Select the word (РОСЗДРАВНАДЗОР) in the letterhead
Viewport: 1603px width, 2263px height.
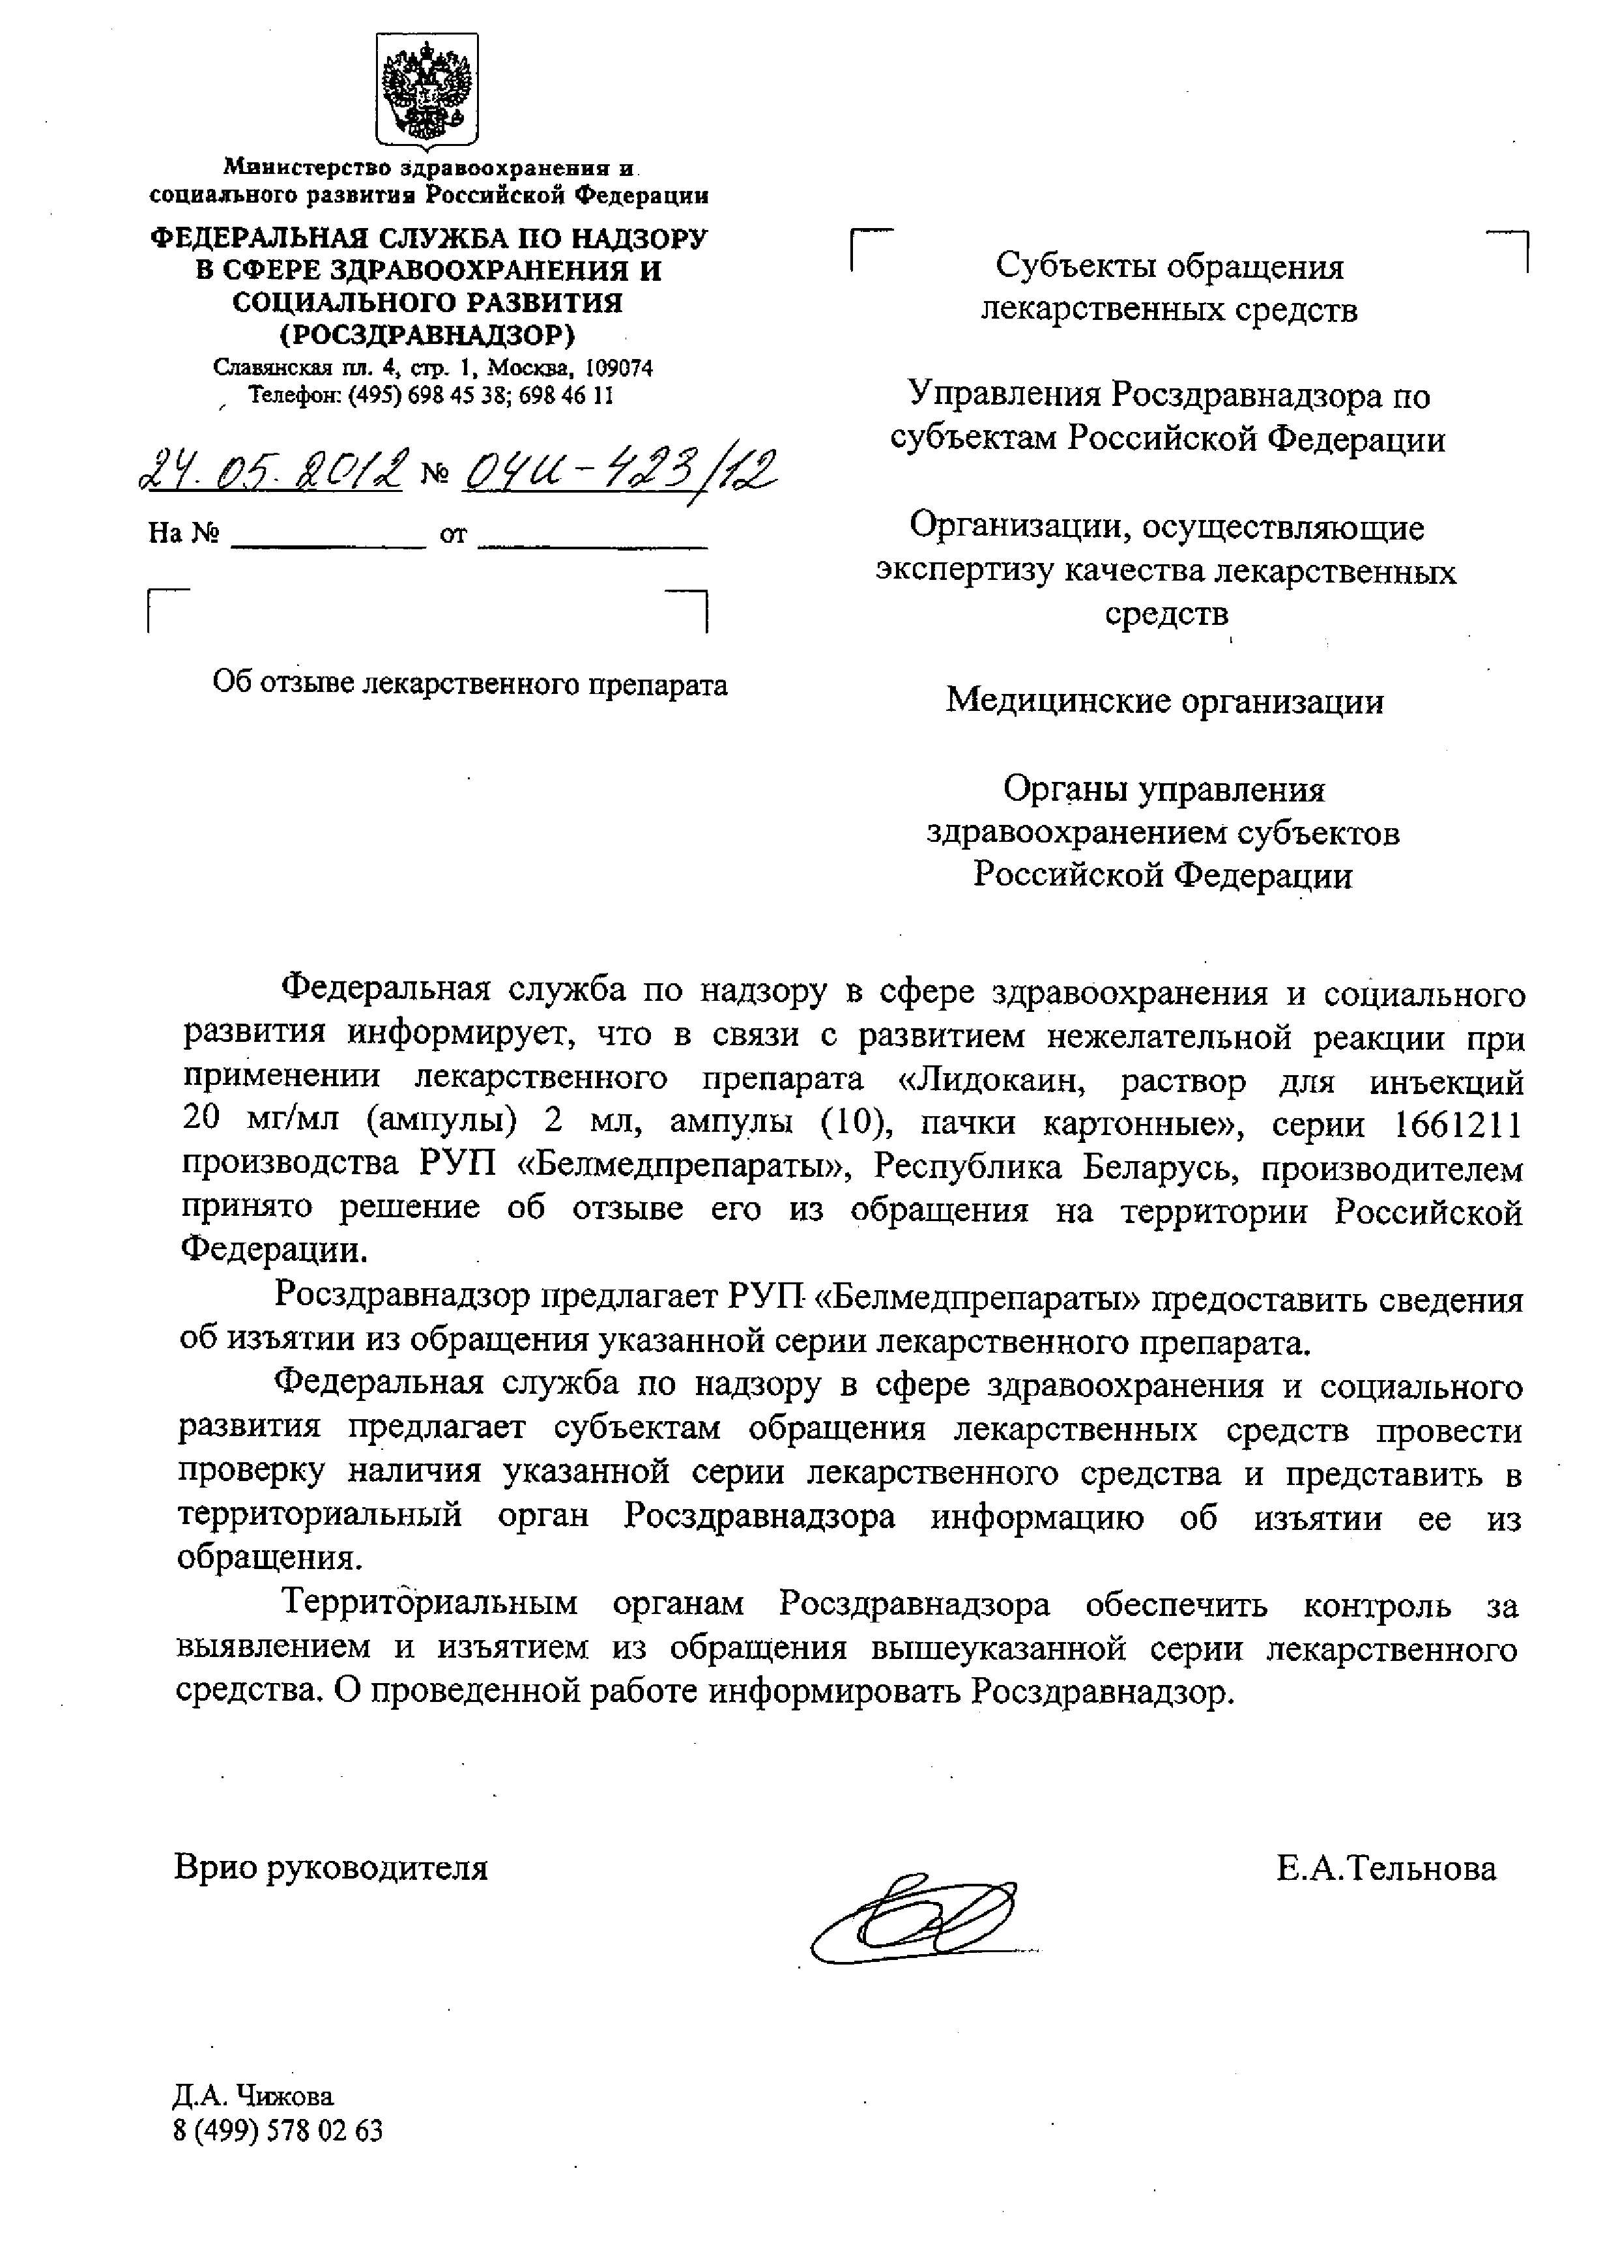point(427,336)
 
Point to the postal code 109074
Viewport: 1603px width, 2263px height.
point(619,368)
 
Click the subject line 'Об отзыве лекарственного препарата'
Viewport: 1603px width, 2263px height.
point(470,684)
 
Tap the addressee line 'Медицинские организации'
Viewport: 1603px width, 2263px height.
point(1164,700)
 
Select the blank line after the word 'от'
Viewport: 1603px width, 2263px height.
point(592,538)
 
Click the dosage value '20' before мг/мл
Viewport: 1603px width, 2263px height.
point(201,1124)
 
